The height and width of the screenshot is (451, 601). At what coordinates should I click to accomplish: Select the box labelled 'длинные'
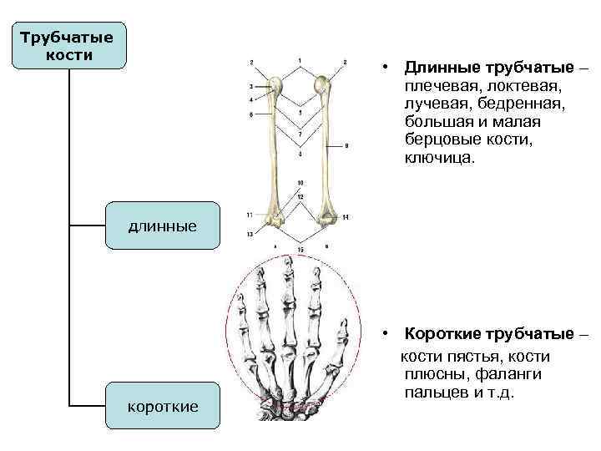pos(163,225)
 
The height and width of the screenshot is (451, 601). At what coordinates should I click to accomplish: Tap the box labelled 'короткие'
pos(163,407)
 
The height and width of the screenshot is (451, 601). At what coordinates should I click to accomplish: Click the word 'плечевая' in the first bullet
pos(434,86)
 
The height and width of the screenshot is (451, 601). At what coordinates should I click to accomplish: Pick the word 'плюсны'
pos(433,373)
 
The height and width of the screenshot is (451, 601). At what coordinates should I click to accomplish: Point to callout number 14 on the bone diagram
pos(345,217)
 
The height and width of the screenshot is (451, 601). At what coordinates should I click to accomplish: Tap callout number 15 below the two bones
pos(300,250)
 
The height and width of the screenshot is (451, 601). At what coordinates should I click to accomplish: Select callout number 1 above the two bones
pos(299,58)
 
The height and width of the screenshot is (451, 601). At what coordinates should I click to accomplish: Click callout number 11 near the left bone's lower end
pos(250,215)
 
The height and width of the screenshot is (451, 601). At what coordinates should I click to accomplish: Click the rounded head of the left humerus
pos(277,86)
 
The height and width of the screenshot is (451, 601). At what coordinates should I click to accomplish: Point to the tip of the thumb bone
pos(343,331)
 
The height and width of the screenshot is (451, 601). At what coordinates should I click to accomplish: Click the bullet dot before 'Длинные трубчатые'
pos(386,68)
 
